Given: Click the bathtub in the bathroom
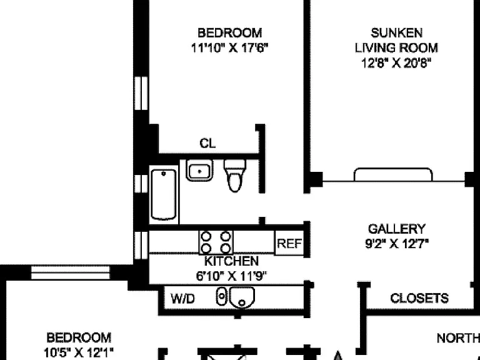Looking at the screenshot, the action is [164, 195].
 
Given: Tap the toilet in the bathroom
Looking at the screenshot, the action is [235, 176].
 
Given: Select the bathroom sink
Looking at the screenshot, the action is [199, 170].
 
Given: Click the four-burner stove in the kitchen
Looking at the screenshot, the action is [216, 242].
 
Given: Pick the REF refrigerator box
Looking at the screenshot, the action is [289, 243].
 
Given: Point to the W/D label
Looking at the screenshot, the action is [182, 299].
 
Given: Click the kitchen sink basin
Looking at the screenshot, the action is [242, 297].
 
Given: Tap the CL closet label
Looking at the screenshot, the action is [207, 143].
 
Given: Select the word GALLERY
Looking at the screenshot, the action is [397, 229].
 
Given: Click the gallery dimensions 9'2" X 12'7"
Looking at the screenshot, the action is [397, 244].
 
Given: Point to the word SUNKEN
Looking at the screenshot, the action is [397, 32].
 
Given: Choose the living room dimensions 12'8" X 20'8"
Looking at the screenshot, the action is [396, 63].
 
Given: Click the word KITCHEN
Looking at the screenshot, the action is [231, 261].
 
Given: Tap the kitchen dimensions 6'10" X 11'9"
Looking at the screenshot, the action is [231, 276].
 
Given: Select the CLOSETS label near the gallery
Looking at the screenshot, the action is [419, 298].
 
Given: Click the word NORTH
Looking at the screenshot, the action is [458, 338].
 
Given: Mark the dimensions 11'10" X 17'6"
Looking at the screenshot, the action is [229, 47].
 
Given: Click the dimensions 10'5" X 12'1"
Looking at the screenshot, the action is [79, 352].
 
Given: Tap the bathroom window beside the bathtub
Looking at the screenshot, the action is [141, 184].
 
